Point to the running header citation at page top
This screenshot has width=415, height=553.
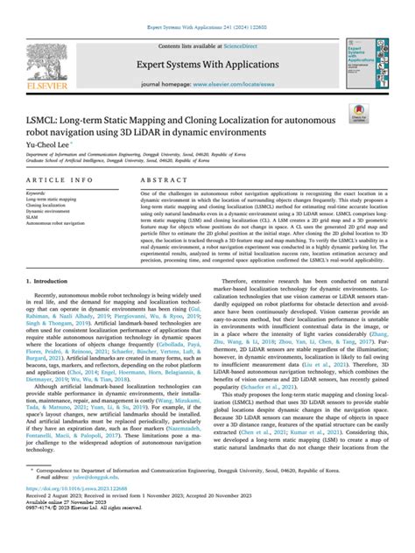[x=207, y=6]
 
